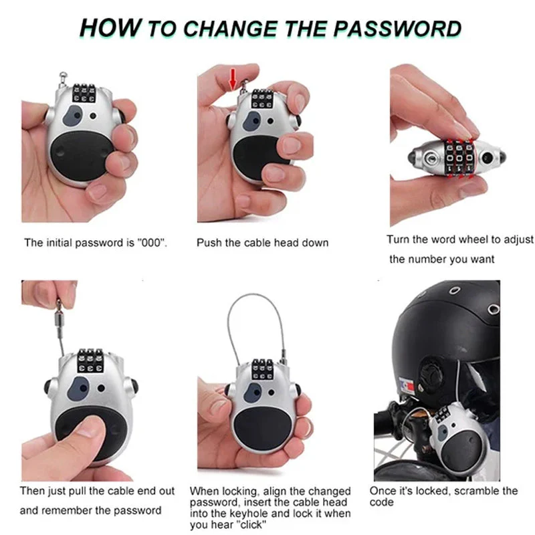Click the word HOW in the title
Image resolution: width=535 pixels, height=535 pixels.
coord(110,28)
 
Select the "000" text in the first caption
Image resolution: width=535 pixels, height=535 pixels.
coord(150,243)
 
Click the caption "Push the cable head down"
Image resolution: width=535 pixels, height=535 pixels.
coord(262,243)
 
